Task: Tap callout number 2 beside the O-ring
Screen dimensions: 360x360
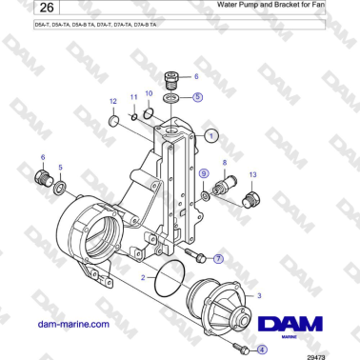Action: (143, 277)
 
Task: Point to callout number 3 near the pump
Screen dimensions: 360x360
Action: (259, 295)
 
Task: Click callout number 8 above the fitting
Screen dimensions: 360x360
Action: (224, 163)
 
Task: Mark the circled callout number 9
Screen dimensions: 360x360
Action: (204, 174)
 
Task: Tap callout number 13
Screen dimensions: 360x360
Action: (252, 175)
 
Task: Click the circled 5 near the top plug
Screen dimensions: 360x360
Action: (196, 96)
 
